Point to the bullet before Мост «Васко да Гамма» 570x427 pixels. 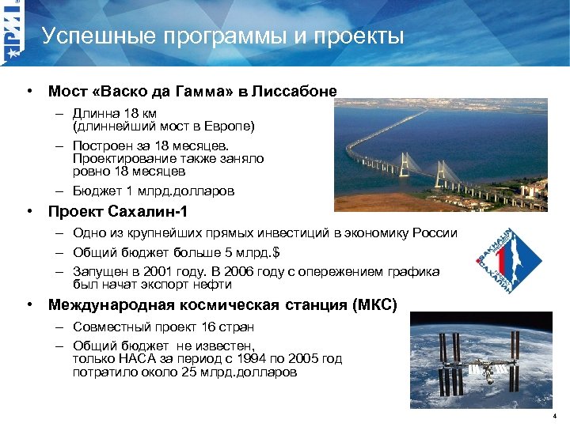click(28, 92)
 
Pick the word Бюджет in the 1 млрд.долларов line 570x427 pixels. click(96, 191)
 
